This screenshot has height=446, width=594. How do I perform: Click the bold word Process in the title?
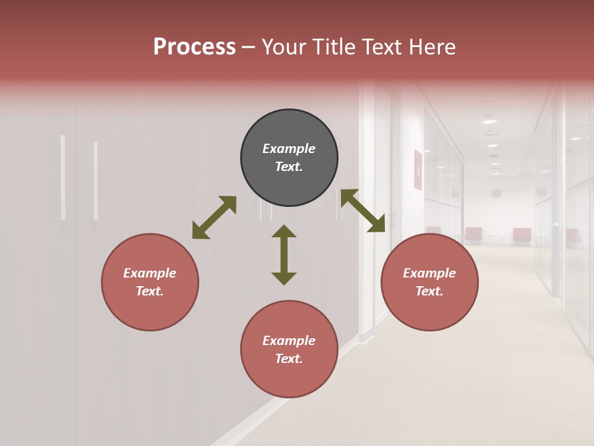click(x=194, y=47)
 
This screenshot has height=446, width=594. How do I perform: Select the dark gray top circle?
click(x=289, y=158)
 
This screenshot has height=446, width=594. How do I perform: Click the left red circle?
click(x=150, y=282)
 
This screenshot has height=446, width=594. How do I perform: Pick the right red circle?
click(x=429, y=282)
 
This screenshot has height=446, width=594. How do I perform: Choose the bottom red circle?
click(x=289, y=349)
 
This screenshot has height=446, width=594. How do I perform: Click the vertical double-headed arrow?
click(x=284, y=255)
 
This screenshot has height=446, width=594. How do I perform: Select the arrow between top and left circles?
click(x=214, y=217)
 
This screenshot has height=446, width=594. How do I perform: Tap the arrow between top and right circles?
click(x=363, y=211)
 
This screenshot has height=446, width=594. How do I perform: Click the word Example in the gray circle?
click(x=289, y=149)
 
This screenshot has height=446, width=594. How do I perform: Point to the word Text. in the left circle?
click(x=150, y=291)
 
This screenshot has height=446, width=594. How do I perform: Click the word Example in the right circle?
click(x=429, y=273)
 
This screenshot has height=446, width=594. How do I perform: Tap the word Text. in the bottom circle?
click(x=289, y=359)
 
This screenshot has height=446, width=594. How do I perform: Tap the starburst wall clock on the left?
click(x=496, y=193)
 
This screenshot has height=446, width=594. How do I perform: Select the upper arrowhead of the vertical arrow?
click(x=284, y=231)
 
